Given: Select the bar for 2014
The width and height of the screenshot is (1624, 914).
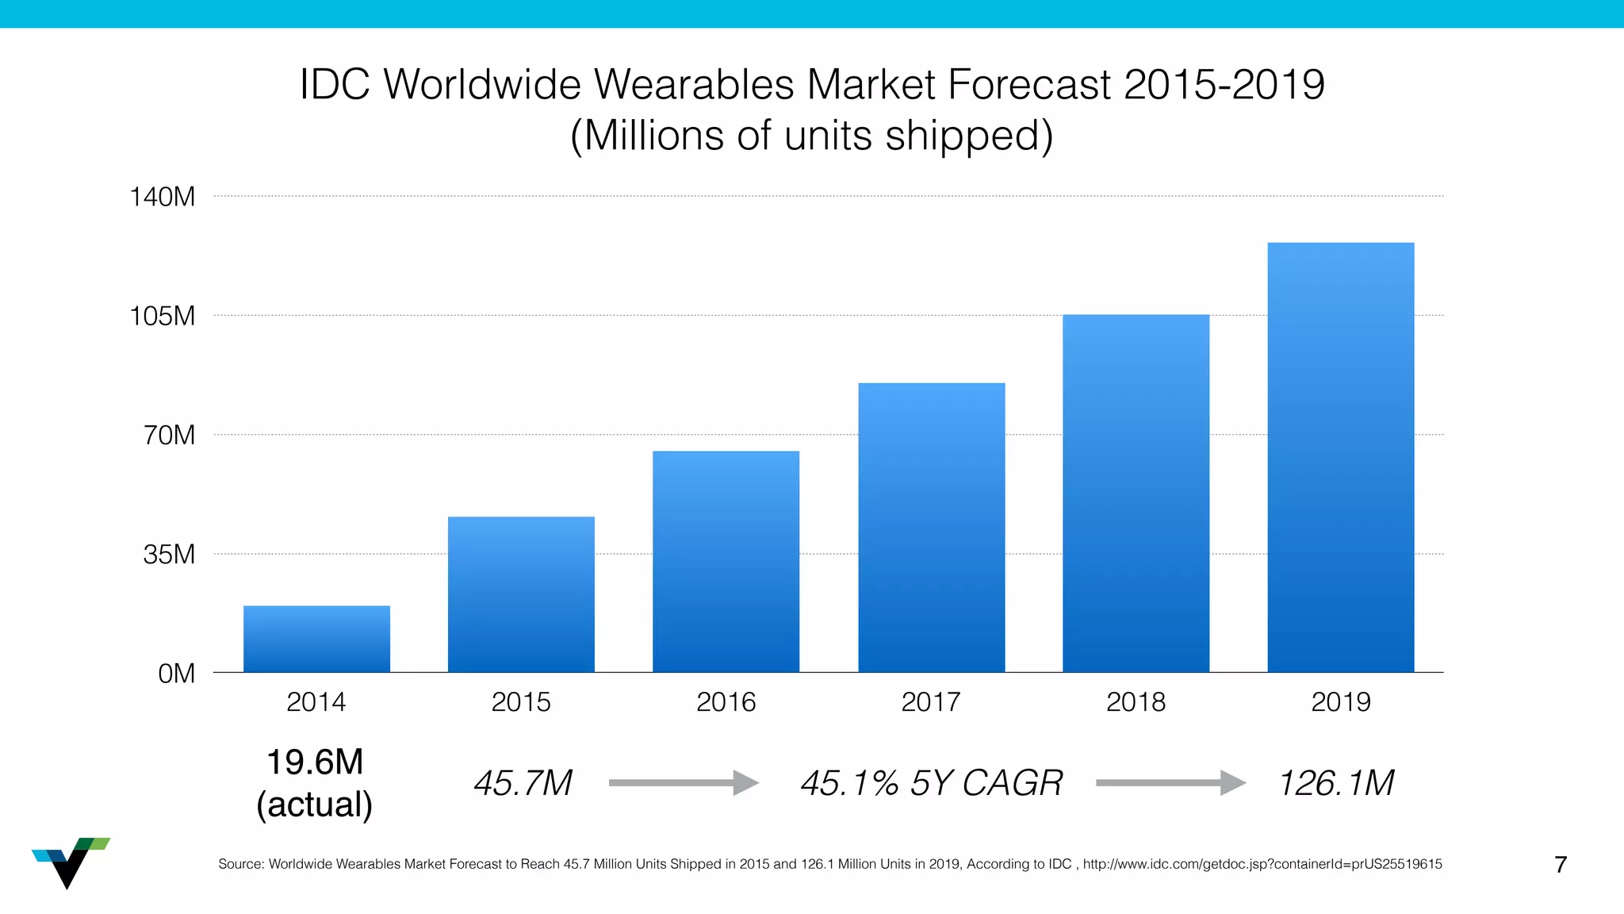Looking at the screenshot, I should click(x=316, y=639).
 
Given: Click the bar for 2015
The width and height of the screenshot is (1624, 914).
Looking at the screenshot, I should click(x=521, y=594).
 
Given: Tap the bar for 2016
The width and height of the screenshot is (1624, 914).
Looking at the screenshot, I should click(x=726, y=562).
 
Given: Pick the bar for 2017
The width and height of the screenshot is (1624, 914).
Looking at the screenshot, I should click(x=931, y=528).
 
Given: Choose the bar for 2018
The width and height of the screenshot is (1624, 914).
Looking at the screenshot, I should click(x=1136, y=493).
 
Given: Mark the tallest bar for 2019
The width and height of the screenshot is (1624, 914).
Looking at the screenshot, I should click(x=1340, y=457).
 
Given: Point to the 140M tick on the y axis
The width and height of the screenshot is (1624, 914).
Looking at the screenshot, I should click(x=162, y=197).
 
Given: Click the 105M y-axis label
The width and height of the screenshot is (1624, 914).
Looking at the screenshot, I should click(x=162, y=316).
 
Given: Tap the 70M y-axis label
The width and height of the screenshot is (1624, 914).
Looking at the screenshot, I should click(x=169, y=435).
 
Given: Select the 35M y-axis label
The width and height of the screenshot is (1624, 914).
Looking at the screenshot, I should click(x=169, y=554).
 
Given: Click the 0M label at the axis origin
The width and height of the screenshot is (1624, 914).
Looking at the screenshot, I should click(x=176, y=674).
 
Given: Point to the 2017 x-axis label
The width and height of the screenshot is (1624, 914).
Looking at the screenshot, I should click(x=931, y=702).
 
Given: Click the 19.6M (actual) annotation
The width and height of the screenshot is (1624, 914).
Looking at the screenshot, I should click(x=315, y=783).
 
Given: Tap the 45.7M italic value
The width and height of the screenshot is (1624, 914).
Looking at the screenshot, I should click(x=523, y=783).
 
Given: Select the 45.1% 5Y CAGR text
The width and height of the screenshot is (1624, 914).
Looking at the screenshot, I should click(x=931, y=783).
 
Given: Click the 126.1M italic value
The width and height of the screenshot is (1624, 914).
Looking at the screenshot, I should click(x=1336, y=783).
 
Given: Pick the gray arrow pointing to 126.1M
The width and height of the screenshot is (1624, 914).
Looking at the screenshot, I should click(x=1170, y=783).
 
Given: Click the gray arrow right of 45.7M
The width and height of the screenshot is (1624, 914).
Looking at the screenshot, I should click(x=684, y=783).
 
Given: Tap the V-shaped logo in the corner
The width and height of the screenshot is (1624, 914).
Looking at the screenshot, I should click(x=70, y=862).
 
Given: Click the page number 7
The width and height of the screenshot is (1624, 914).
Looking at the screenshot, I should click(x=1561, y=864).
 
